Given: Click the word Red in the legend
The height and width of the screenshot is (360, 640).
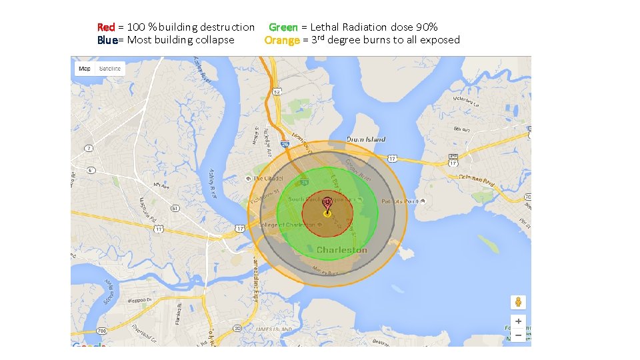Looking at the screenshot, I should [x=105, y=27].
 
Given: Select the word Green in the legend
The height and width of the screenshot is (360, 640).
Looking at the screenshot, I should [x=283, y=27].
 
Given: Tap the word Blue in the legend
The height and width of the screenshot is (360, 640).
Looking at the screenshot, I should [x=107, y=40].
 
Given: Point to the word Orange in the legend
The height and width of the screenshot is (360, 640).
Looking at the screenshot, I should [x=281, y=40].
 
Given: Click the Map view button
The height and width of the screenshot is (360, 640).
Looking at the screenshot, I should [x=85, y=69].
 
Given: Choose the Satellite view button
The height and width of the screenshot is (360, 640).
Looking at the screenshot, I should [x=110, y=69].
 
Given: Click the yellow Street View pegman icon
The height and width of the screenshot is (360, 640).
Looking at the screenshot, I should [x=518, y=302].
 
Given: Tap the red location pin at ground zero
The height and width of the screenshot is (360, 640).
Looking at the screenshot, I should [x=327, y=203].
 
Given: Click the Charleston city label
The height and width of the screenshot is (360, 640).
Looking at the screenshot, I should [x=341, y=250].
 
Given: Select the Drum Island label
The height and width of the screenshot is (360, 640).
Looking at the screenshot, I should [x=366, y=139].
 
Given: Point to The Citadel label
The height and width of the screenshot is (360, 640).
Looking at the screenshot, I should [x=268, y=179].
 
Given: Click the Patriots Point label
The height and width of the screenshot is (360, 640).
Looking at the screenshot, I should [x=399, y=201].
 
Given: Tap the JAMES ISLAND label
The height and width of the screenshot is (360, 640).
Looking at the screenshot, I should [x=273, y=329].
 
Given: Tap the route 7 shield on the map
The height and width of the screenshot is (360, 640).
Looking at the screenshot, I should [x=89, y=147].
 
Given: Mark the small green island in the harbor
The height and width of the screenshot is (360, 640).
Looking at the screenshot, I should [x=488, y=245].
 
